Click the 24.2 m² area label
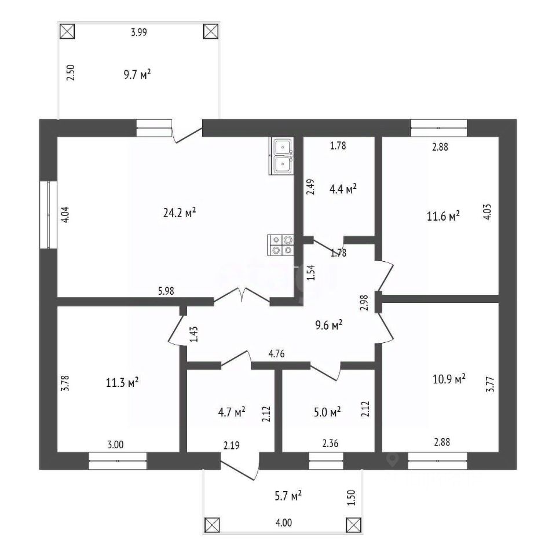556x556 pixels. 179,213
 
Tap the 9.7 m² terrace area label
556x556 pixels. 137,74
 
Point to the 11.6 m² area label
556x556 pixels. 444,216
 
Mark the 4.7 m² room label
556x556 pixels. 231,412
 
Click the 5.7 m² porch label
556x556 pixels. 287,496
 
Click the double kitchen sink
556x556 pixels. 281,156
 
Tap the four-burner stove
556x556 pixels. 281,244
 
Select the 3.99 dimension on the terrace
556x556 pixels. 138,32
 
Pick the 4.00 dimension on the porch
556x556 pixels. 283,523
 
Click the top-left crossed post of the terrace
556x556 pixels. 67,31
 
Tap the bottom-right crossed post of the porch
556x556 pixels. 353,525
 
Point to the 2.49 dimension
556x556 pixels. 310,188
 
